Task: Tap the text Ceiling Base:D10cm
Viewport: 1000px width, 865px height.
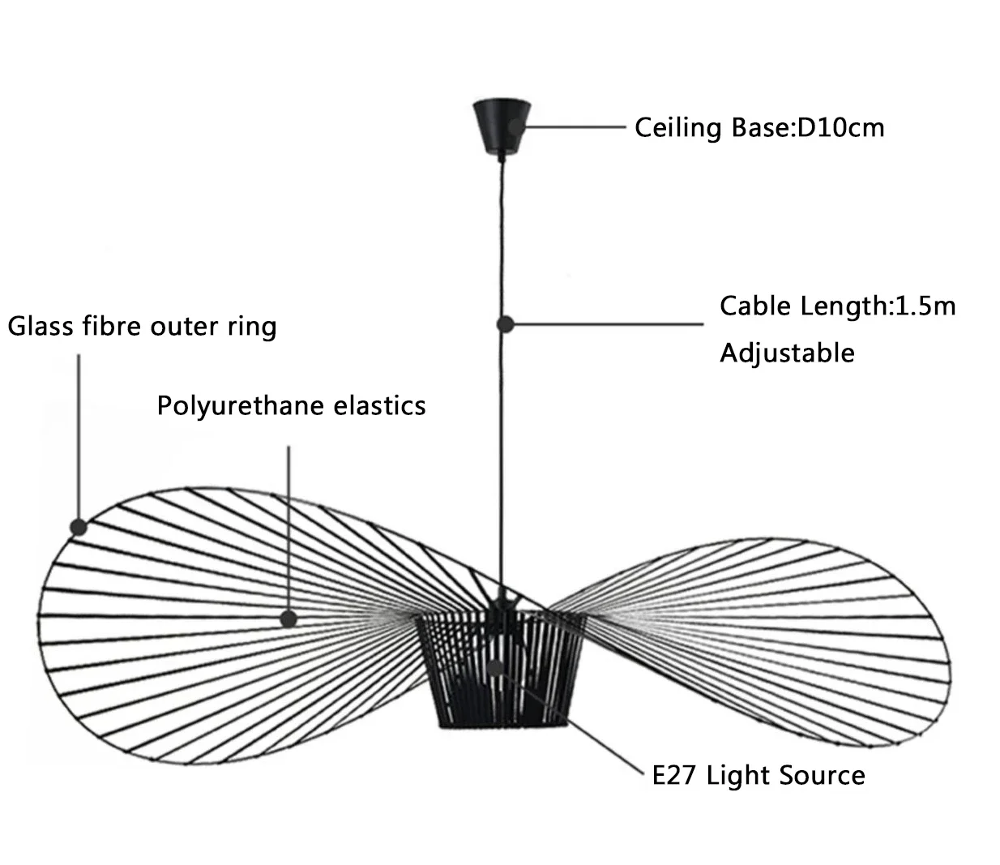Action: (x=759, y=128)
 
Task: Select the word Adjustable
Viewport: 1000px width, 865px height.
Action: (x=787, y=353)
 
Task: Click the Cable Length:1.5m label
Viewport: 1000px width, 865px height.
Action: (x=837, y=306)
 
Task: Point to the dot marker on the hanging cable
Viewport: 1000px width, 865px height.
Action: (x=505, y=324)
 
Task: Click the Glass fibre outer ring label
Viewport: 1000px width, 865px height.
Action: (x=143, y=327)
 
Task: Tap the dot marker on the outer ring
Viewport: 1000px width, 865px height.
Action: (x=79, y=527)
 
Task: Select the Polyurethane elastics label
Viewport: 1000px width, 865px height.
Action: (x=291, y=405)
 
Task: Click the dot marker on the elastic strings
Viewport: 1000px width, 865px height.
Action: (x=288, y=619)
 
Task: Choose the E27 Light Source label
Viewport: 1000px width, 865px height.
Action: (x=759, y=776)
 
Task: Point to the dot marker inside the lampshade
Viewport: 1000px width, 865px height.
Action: (x=496, y=669)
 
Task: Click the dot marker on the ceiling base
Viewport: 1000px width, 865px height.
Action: (x=516, y=127)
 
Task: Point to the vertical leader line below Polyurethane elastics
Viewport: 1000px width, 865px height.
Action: (x=289, y=527)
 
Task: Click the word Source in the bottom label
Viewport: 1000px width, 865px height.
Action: (x=823, y=776)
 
